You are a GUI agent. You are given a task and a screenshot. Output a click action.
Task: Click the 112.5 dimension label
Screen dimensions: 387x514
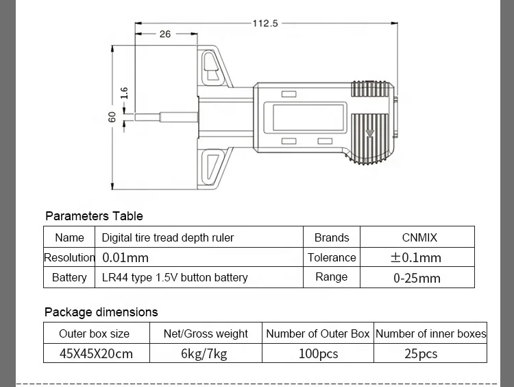(265, 23)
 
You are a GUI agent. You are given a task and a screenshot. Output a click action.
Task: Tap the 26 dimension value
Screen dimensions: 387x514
(165, 34)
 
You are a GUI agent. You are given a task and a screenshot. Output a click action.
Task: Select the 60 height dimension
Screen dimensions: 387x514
(112, 117)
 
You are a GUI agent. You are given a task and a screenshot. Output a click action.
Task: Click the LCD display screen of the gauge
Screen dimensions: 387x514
(308, 117)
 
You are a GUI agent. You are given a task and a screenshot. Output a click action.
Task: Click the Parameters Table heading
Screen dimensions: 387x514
(94, 216)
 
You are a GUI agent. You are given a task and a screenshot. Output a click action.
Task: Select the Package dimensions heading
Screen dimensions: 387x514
(101, 312)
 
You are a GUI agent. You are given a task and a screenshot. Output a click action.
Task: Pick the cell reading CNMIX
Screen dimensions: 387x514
(419, 237)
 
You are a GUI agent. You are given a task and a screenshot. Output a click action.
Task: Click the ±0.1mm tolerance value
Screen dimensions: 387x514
(416, 258)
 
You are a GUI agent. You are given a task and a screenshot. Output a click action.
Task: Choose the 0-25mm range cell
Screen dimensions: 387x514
(417, 278)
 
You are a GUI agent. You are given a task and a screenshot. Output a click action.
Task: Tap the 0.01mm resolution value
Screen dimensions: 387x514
(125, 258)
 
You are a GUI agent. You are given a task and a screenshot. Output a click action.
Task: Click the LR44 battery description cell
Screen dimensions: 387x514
(175, 278)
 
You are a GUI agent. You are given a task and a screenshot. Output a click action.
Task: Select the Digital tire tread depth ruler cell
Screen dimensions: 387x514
(168, 237)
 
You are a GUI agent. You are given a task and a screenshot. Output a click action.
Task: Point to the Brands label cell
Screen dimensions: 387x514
(332, 237)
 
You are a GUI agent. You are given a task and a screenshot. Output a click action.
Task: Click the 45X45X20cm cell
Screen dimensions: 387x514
(96, 354)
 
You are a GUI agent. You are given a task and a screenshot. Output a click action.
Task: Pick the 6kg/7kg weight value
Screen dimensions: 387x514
(205, 354)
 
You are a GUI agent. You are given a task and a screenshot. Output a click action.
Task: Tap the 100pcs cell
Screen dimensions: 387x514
(317, 354)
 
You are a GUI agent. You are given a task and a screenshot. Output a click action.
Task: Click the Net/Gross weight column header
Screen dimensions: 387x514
(206, 334)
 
